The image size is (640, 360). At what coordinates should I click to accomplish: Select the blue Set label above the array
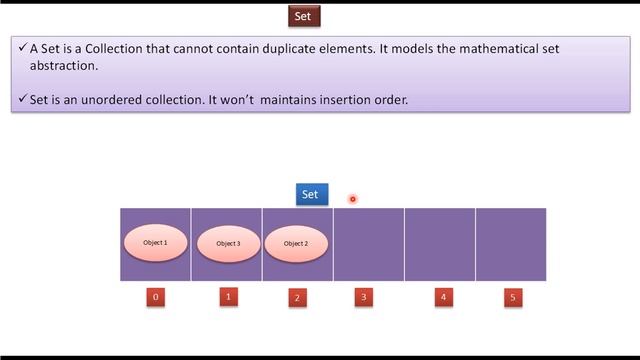[x=311, y=194]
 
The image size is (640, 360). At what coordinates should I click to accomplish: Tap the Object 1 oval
[x=155, y=243]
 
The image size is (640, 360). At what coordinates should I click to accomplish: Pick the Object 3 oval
[x=227, y=244]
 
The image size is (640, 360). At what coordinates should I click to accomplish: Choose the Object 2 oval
[x=295, y=244]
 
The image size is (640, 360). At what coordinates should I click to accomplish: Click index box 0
[x=155, y=297]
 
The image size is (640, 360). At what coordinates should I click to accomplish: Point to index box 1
[x=227, y=296]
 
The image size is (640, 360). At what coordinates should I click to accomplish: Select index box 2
[x=296, y=297]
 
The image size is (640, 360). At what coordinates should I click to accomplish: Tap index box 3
[x=364, y=297]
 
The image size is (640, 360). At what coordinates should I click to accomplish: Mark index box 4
[x=443, y=297]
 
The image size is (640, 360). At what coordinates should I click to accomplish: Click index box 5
[x=513, y=297]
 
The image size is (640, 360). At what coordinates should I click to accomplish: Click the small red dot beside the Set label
[x=352, y=199]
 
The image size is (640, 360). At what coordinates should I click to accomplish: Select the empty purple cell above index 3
[x=369, y=244]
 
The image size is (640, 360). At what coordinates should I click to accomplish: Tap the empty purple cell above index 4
[x=440, y=244]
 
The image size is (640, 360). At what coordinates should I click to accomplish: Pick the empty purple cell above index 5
[x=511, y=244]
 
